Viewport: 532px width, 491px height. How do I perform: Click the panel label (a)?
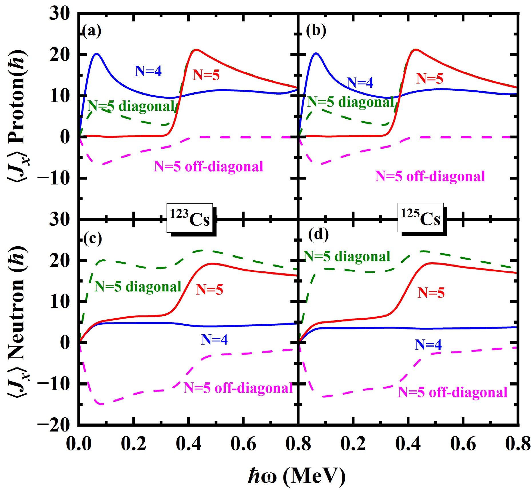(92, 31)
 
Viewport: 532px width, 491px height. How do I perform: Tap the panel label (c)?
(92, 238)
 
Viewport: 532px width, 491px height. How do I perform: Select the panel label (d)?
(318, 234)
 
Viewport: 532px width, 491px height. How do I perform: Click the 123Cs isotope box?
(190, 218)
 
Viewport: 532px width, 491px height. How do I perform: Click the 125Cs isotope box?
(420, 218)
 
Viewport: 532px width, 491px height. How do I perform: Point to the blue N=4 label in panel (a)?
(148, 71)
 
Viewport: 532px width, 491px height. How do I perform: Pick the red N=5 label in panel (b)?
(429, 78)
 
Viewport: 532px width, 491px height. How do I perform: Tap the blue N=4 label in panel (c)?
(214, 339)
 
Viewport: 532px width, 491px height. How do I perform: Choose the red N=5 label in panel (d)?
(431, 293)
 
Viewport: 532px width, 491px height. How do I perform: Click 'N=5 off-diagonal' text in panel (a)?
(208, 166)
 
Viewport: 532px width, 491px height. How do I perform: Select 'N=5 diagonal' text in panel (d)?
(347, 256)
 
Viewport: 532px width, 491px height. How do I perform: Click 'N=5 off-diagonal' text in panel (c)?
(238, 388)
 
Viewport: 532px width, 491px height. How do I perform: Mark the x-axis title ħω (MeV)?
(297, 476)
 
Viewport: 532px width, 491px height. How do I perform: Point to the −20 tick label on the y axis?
(53, 425)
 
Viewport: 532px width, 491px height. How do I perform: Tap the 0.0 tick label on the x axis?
(79, 444)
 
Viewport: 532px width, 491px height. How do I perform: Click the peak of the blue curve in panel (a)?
(96, 53)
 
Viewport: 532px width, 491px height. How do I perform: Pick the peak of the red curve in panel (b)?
(415, 49)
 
